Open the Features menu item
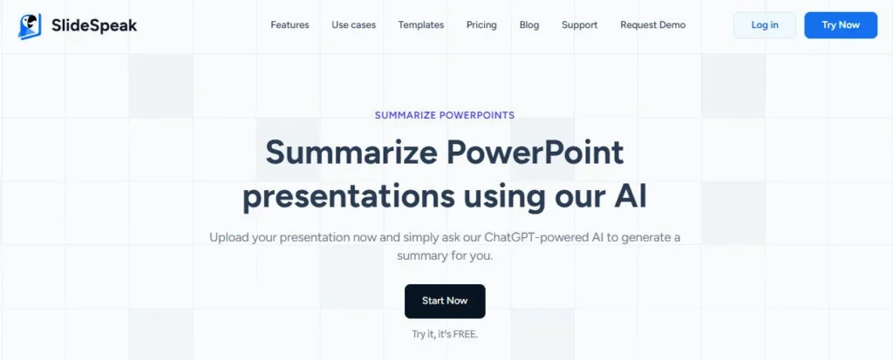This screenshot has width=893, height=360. [x=290, y=25]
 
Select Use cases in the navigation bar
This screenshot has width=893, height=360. [x=354, y=25]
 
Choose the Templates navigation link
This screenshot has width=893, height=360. [x=421, y=25]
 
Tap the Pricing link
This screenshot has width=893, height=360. [x=481, y=25]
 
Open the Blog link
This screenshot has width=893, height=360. [x=529, y=25]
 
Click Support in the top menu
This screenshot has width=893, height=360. [x=580, y=25]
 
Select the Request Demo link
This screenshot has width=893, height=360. [x=653, y=25]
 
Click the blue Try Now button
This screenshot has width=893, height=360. [x=841, y=25]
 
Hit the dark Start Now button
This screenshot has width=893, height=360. [x=445, y=301]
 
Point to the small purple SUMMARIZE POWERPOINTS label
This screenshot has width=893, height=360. [x=445, y=115]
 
